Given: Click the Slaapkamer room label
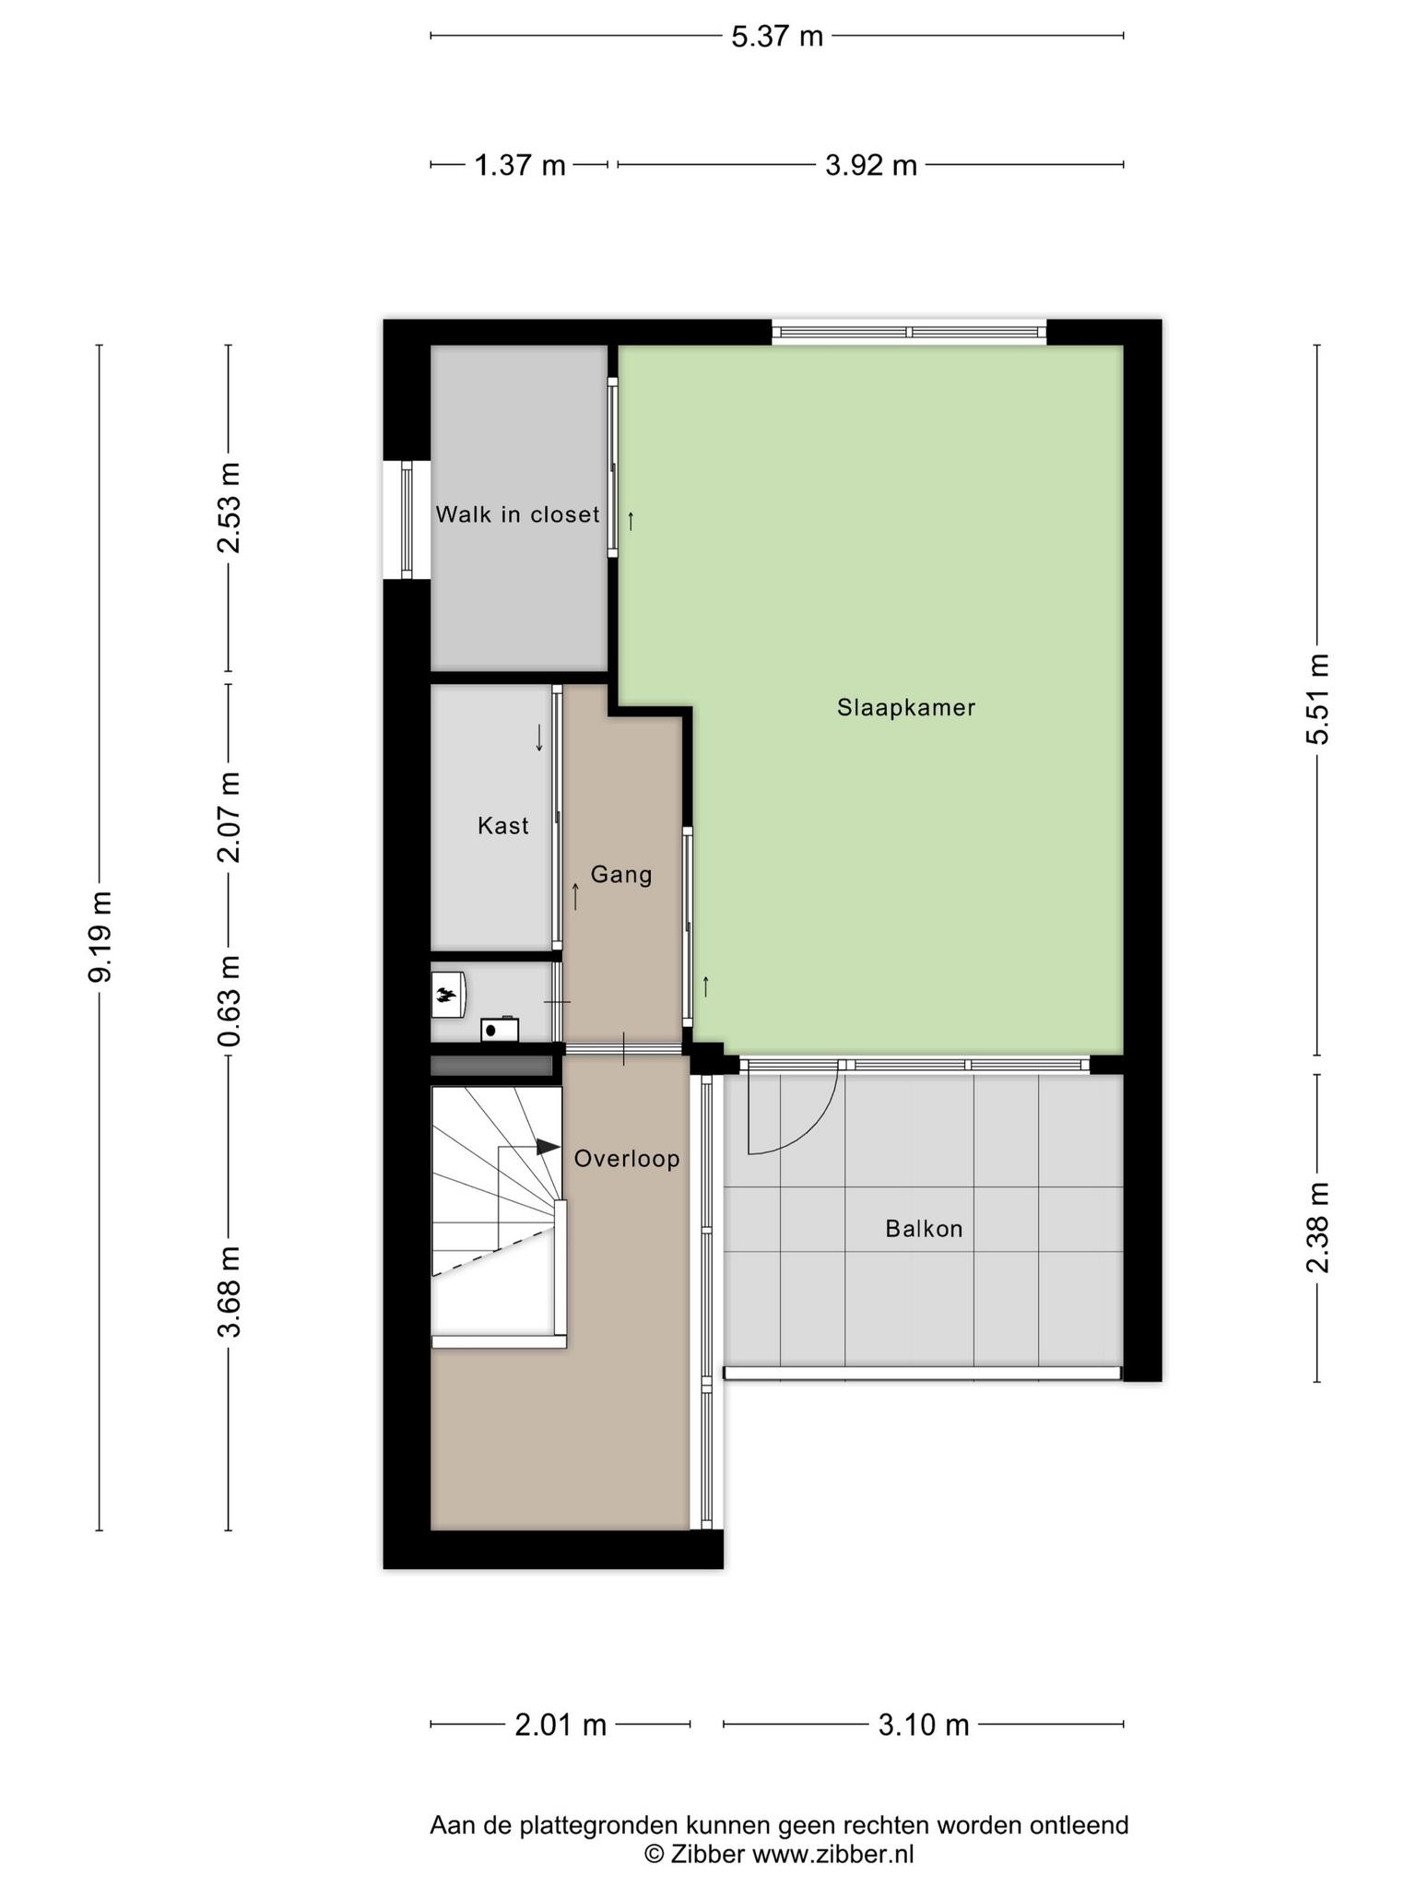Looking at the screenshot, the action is pos(906,708).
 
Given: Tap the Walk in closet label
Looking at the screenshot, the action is pos(517,514).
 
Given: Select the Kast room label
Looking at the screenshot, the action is pos(503,825).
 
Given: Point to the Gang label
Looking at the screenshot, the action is pos(621,874).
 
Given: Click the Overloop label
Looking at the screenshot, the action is pos(627,1159).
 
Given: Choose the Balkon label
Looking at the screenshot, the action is pos(924,1229).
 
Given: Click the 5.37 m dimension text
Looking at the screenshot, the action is pos(777,37).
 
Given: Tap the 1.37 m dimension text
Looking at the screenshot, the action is pos(520,166).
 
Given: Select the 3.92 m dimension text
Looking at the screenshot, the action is pos(871,166).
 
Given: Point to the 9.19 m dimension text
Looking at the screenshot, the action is pos(100,937).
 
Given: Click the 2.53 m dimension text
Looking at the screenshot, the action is pos(229,507).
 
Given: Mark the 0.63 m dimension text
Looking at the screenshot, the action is pos(229,1000).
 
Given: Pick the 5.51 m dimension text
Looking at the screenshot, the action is pos(1318,699).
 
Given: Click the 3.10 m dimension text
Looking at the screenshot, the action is pos(924,1725).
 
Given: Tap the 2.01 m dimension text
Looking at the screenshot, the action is pos(560,1725).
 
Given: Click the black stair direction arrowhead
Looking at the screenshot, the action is pos(548,1147).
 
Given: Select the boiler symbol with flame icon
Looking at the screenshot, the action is pos(449,994).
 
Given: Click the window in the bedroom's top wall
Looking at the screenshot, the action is pos(909,332).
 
